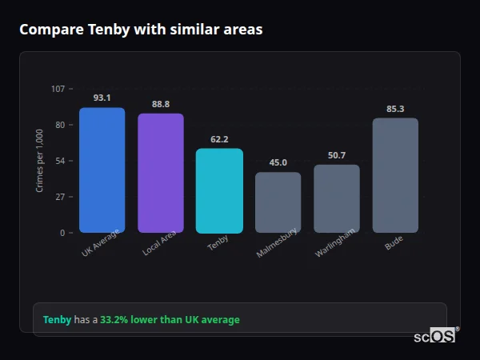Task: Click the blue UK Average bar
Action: [x=102, y=170]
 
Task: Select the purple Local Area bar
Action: [x=160, y=173]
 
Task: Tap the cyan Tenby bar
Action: [x=219, y=190]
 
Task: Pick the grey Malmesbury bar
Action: [x=278, y=202]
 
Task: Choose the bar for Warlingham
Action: [x=336, y=198]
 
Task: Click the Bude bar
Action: [x=395, y=175]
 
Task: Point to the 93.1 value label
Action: [x=102, y=98]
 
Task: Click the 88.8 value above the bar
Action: [x=160, y=104]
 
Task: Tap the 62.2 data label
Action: [x=219, y=139]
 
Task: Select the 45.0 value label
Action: [x=278, y=162]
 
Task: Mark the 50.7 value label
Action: [x=336, y=155]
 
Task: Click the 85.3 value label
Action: [x=395, y=109]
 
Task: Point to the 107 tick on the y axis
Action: [x=58, y=88]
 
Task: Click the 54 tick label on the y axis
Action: [x=60, y=161]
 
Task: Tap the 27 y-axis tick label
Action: [x=60, y=197]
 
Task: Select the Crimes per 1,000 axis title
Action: [x=39, y=160]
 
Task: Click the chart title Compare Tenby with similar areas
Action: [x=141, y=30]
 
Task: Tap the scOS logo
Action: [x=434, y=336]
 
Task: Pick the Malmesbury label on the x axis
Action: [x=278, y=243]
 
